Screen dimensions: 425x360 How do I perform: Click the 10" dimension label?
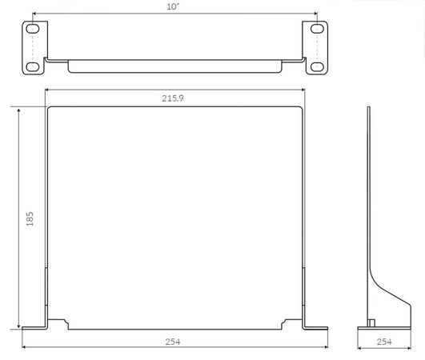pyautogui.click(x=173, y=6)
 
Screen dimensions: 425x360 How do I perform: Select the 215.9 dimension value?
pyautogui.click(x=173, y=98)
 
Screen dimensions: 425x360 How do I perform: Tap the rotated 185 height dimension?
pyautogui.click(x=30, y=219)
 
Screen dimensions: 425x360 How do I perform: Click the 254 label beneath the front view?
pyautogui.click(x=173, y=342)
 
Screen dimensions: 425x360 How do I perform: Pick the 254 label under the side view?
pyautogui.click(x=384, y=342)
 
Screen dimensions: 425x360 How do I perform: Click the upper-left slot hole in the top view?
pyautogui.click(x=33, y=29)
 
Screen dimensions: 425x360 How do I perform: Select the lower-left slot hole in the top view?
pyautogui.click(x=33, y=66)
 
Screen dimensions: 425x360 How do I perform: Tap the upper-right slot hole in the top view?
pyautogui.click(x=317, y=29)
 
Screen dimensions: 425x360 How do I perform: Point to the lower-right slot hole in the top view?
pyautogui.click(x=317, y=66)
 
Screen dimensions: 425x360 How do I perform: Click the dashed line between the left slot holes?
pyautogui.click(x=33, y=48)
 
